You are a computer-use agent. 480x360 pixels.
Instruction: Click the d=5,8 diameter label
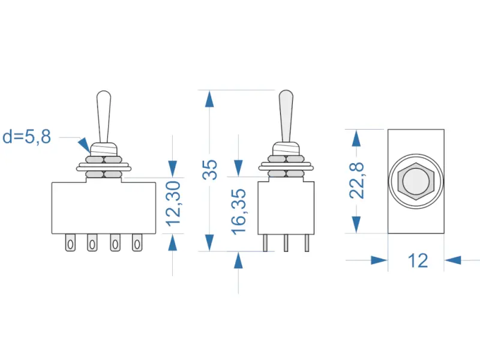(x=27, y=137)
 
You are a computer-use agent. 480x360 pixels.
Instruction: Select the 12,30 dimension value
(x=173, y=205)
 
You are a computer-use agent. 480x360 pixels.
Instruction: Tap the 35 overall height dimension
(x=209, y=170)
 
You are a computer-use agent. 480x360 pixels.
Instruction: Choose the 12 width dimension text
(x=418, y=260)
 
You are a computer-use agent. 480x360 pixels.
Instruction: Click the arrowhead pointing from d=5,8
(x=83, y=145)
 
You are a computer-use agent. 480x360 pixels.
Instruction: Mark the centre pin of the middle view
(x=286, y=242)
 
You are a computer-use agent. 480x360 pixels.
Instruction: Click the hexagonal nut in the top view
(x=416, y=181)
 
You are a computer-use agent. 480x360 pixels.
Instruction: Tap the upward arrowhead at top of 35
(x=209, y=98)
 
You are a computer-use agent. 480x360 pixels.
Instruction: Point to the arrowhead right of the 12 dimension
(x=454, y=260)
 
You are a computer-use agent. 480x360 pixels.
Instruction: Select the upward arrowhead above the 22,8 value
(x=356, y=138)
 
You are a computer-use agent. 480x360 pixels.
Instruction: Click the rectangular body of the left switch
(x=106, y=207)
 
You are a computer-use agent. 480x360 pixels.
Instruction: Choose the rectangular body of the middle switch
(x=286, y=207)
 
